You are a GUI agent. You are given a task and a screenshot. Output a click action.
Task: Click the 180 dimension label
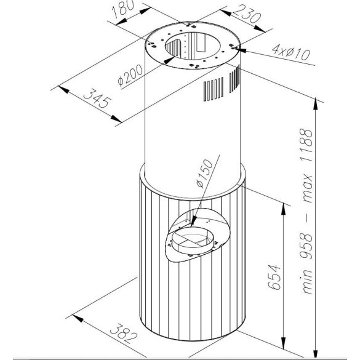tap(123, 9)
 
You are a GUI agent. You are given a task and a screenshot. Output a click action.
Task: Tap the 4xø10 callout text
tap(291, 52)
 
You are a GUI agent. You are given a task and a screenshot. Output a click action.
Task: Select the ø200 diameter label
tap(130, 75)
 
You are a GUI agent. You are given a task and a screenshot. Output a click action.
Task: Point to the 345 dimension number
tap(97, 98)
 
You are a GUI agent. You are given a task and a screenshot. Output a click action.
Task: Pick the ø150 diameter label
tap(204, 174)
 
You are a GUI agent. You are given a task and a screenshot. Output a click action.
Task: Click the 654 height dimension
tap(274, 277)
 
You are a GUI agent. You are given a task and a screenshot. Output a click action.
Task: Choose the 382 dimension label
tap(124, 334)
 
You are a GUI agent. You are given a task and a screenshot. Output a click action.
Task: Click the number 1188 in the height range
tap(306, 145)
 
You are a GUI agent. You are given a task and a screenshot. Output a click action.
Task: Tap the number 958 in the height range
tap(306, 246)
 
